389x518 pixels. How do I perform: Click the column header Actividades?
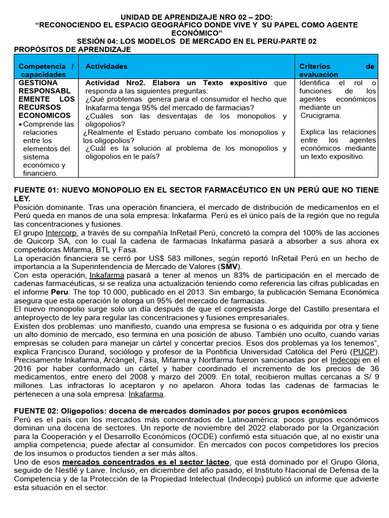106,66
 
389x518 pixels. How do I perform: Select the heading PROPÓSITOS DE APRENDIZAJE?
72,49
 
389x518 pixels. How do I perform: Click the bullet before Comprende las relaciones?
20,124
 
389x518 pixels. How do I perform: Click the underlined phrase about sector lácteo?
146,462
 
